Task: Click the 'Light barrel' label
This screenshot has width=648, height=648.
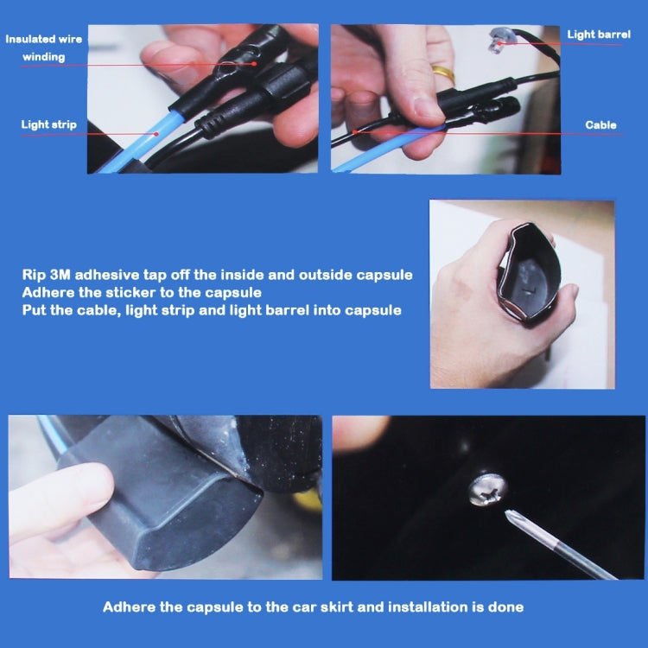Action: [x=599, y=35]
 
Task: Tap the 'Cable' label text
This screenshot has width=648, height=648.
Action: [x=600, y=124]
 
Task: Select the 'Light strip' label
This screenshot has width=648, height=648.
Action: [x=48, y=124]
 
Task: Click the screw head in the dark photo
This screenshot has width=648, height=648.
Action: [x=487, y=490]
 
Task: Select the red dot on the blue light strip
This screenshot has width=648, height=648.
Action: [x=156, y=134]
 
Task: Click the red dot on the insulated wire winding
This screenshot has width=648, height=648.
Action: [x=254, y=64]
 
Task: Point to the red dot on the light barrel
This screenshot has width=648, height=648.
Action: [x=499, y=43]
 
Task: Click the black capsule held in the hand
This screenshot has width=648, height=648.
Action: [x=529, y=273]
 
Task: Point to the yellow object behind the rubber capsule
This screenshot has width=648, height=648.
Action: [x=308, y=498]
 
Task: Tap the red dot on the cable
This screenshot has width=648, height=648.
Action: [x=355, y=132]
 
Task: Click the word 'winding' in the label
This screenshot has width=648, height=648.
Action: [x=44, y=57]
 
